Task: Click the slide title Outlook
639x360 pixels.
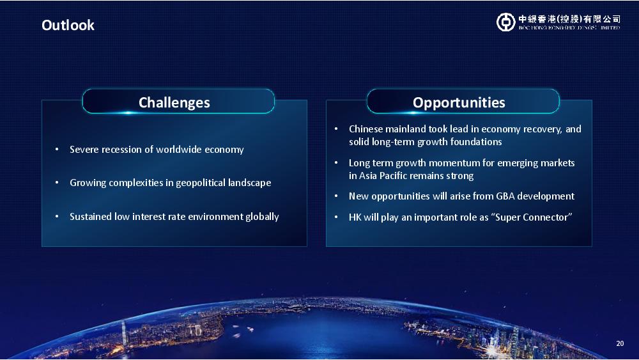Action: (68, 26)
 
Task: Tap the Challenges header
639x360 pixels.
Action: (174, 103)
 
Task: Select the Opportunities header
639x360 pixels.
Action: (459, 103)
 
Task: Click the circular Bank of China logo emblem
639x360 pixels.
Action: (505, 22)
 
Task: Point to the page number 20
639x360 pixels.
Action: (620, 343)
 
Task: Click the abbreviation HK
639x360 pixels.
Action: (355, 217)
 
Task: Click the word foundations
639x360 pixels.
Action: (475, 142)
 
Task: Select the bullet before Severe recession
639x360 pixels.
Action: (57, 150)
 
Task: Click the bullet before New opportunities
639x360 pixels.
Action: (336, 196)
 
